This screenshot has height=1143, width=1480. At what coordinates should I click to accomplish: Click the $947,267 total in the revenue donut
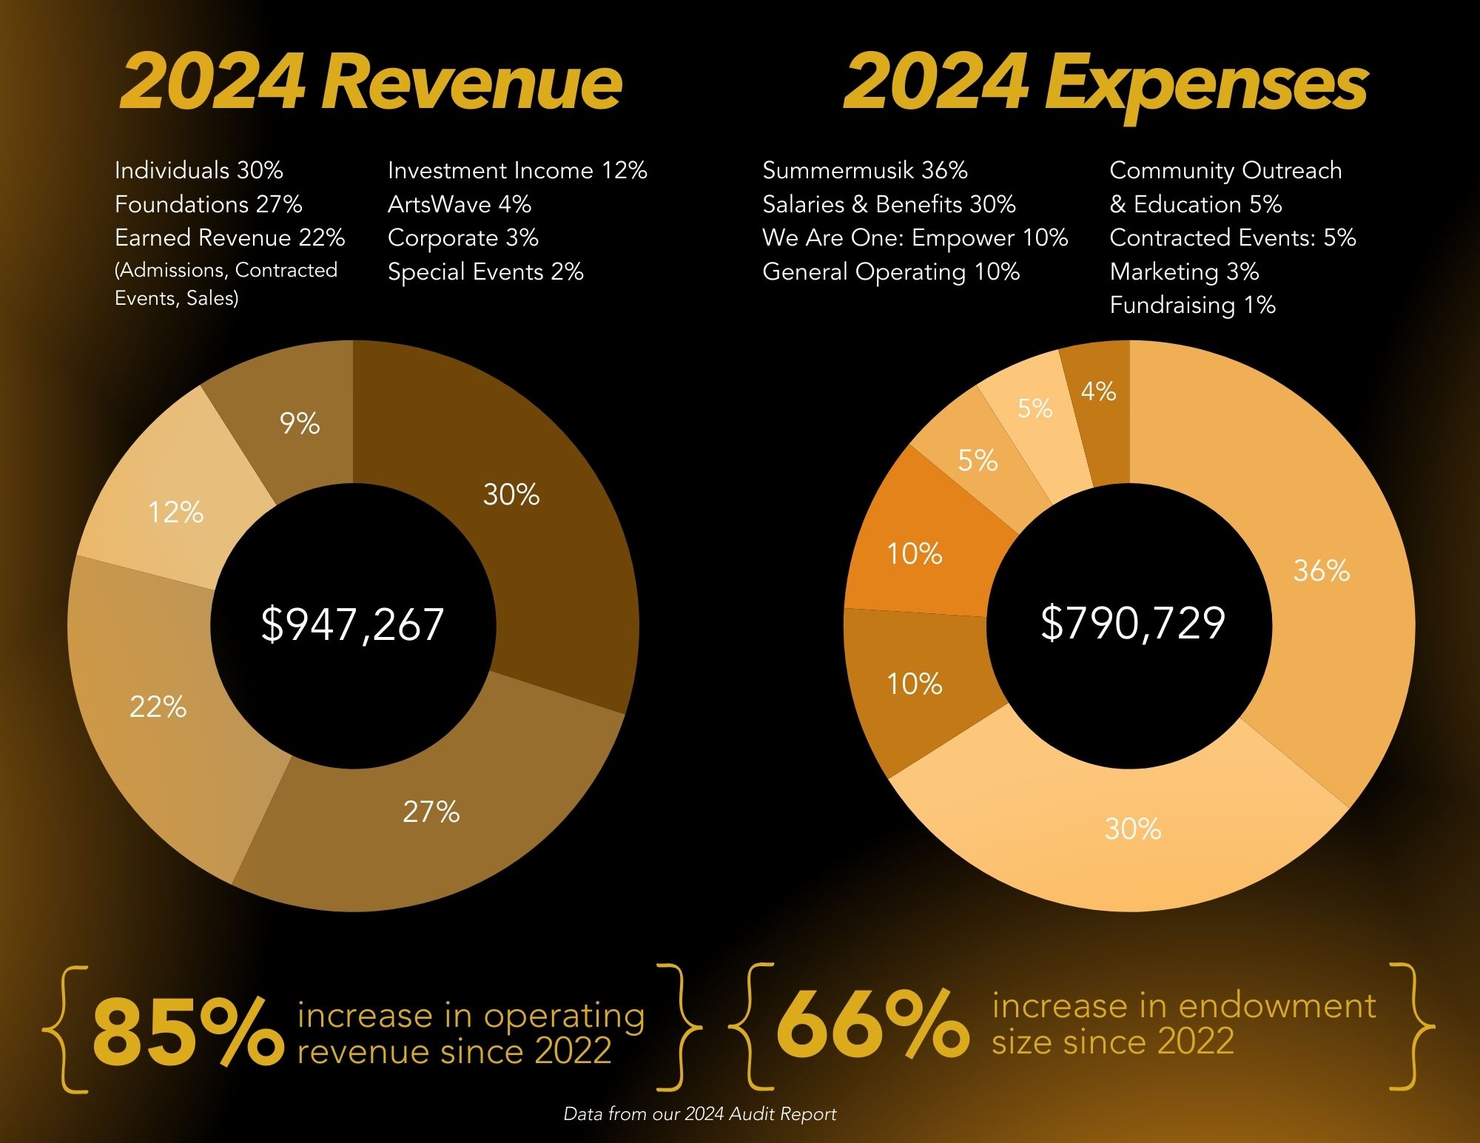[x=352, y=624]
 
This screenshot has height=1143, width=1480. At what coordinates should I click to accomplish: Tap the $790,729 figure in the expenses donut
[x=1132, y=623]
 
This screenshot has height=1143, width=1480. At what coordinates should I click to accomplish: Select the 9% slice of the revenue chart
[x=300, y=424]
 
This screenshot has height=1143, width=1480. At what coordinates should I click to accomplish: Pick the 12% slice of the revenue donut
[x=176, y=512]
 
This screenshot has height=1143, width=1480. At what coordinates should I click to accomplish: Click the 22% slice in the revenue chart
[x=158, y=707]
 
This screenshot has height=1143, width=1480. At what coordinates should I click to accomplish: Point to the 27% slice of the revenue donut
[x=431, y=812]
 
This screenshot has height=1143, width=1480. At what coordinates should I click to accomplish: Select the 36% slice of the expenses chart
[x=1322, y=570]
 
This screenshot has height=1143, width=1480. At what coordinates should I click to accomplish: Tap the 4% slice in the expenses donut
[x=1098, y=391]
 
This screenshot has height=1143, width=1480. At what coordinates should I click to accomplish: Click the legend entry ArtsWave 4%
[x=459, y=204]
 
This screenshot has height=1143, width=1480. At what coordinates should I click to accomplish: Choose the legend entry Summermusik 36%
[x=864, y=171]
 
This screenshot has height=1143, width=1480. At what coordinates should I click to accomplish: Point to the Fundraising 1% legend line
[x=1192, y=306]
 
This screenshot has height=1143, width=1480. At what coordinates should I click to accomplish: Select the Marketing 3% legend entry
[x=1184, y=272]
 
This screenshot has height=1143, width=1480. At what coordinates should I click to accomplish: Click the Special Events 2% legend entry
[x=485, y=272]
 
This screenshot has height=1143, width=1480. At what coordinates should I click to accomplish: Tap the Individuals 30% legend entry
[x=198, y=171]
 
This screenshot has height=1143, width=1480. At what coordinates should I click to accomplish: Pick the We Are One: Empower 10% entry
[x=915, y=237]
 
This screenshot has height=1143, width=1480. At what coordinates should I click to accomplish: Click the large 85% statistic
[x=188, y=1031]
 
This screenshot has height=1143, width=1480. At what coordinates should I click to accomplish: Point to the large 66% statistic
[x=872, y=1025]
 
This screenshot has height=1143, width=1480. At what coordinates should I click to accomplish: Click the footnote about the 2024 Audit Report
[x=700, y=1114]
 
